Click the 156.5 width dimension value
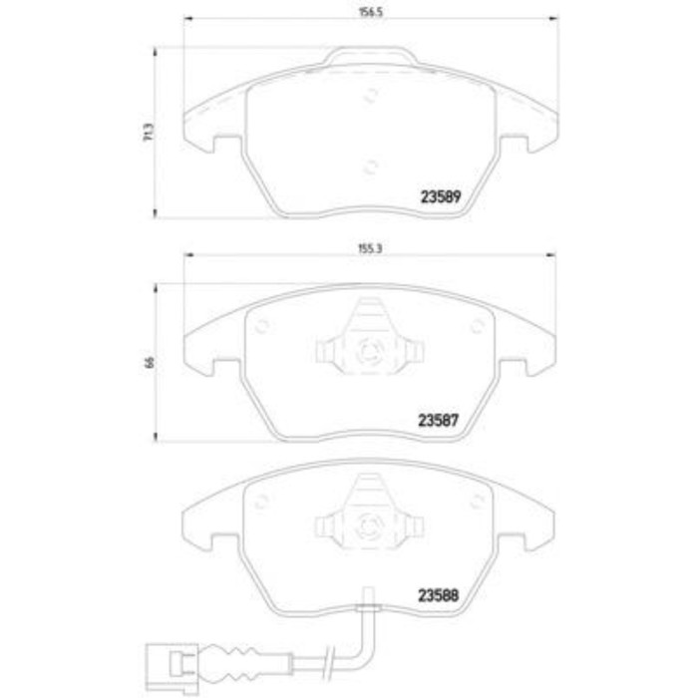(371, 12)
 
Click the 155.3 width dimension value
(370, 249)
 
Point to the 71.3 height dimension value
(150, 133)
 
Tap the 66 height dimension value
(150, 362)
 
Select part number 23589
(441, 196)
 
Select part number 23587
(438, 420)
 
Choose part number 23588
(438, 595)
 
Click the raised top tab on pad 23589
(370, 56)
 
